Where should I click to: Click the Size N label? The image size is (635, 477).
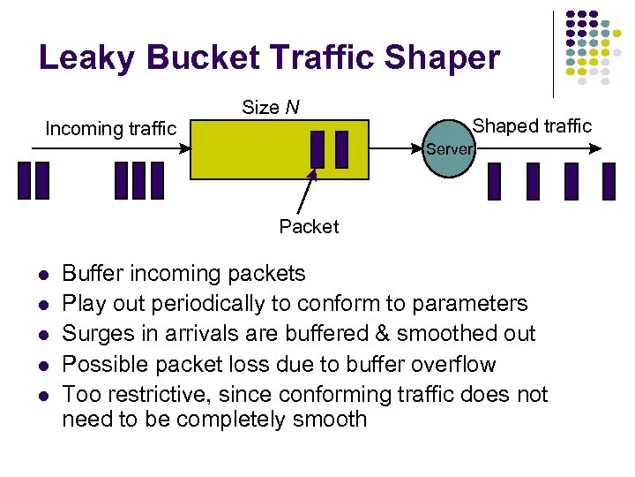tap(270, 108)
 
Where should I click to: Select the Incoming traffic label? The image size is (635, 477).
tap(110, 129)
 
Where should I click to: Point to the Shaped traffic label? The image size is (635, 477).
tap(533, 125)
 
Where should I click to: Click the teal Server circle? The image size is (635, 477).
tap(450, 149)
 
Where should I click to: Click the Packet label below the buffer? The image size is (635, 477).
tap(309, 227)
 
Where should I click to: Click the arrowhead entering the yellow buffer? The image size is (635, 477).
tap(185, 148)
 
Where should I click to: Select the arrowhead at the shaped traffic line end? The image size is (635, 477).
tap(609, 148)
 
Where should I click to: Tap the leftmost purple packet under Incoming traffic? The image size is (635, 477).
tap(25, 180)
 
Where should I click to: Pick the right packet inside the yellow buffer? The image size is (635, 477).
tap(342, 148)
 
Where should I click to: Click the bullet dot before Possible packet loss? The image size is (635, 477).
tap(42, 365)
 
